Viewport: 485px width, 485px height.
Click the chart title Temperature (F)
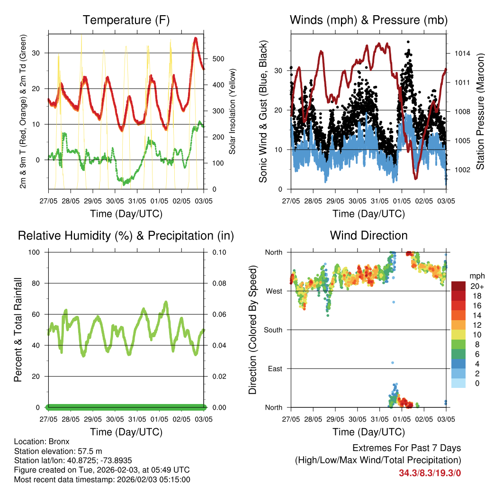tap(126, 20)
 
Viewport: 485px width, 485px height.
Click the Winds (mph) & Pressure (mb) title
tap(368, 20)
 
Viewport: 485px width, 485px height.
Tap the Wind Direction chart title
tap(368, 235)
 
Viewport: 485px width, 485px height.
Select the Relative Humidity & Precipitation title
tap(126, 235)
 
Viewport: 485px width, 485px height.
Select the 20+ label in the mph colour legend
tap(477, 286)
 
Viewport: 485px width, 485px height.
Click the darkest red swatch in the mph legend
tap(458, 286)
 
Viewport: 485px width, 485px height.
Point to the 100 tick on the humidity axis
tap(34, 252)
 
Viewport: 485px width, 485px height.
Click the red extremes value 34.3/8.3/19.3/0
tap(430, 473)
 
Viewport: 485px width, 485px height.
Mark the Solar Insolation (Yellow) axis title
tap(233, 112)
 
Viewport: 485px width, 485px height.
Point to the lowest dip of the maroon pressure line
tap(416, 178)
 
